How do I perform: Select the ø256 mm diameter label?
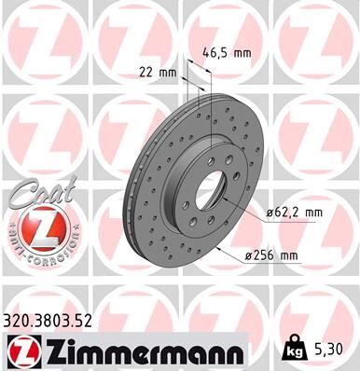(x=270, y=254)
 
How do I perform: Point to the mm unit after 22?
(x=168, y=72)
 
